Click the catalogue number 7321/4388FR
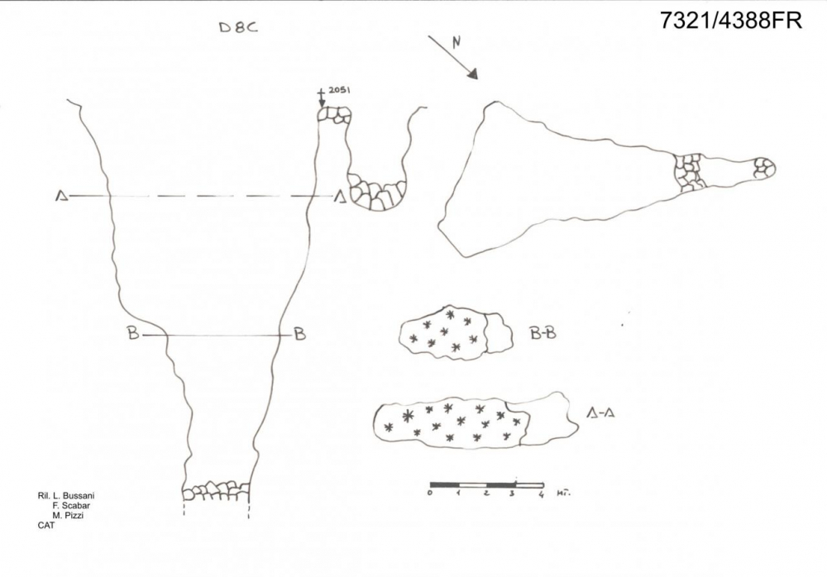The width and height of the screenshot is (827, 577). (x=731, y=21)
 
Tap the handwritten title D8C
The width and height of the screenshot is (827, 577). (x=238, y=27)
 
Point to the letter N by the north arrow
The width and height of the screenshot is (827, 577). (x=457, y=41)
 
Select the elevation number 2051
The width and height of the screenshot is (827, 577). (x=338, y=89)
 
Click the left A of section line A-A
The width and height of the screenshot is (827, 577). (x=62, y=196)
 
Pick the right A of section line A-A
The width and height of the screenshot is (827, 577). (x=340, y=198)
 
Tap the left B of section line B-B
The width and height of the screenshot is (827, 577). (x=133, y=333)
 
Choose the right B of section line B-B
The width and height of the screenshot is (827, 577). (x=299, y=334)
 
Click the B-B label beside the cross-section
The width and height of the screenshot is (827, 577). (x=543, y=333)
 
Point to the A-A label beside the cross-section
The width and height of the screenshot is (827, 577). (x=600, y=413)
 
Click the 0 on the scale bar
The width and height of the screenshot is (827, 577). (x=430, y=493)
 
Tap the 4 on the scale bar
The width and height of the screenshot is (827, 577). (x=542, y=494)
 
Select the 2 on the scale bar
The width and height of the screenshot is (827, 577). (x=486, y=494)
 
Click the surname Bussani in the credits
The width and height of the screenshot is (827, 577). (x=79, y=496)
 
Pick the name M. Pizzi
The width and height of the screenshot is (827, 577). (x=68, y=515)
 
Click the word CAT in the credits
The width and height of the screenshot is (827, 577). (x=45, y=525)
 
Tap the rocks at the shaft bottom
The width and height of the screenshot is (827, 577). (x=216, y=490)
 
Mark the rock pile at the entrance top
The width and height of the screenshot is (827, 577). (x=334, y=115)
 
